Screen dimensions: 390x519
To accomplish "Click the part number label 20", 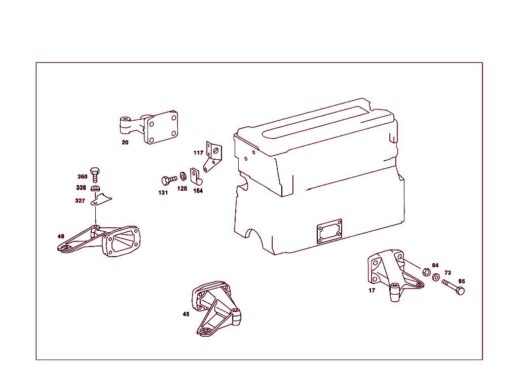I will (125, 143).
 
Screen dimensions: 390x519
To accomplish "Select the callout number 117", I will (198, 153).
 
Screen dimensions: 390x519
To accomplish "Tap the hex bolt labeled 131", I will (168, 180).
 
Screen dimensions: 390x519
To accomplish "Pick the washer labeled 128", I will (183, 176).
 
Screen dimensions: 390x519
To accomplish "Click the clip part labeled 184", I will (196, 176).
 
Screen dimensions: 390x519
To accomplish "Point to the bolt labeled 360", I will (95, 173).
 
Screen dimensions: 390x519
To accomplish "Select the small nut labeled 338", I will (95, 189).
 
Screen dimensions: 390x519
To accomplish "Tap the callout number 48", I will (61, 236).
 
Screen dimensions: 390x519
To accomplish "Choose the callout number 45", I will (186, 314).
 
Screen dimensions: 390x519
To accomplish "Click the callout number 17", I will (372, 291).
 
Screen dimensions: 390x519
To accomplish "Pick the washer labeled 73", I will (436, 279).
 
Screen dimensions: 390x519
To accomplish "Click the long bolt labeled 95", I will (453, 287).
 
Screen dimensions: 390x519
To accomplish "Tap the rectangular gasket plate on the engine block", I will (329, 231).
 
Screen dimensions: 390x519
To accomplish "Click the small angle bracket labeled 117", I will (213, 155).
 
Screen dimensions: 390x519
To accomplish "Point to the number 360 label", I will (82, 177).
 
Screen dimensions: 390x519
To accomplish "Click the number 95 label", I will (461, 281).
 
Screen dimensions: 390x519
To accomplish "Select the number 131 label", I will (163, 193).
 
